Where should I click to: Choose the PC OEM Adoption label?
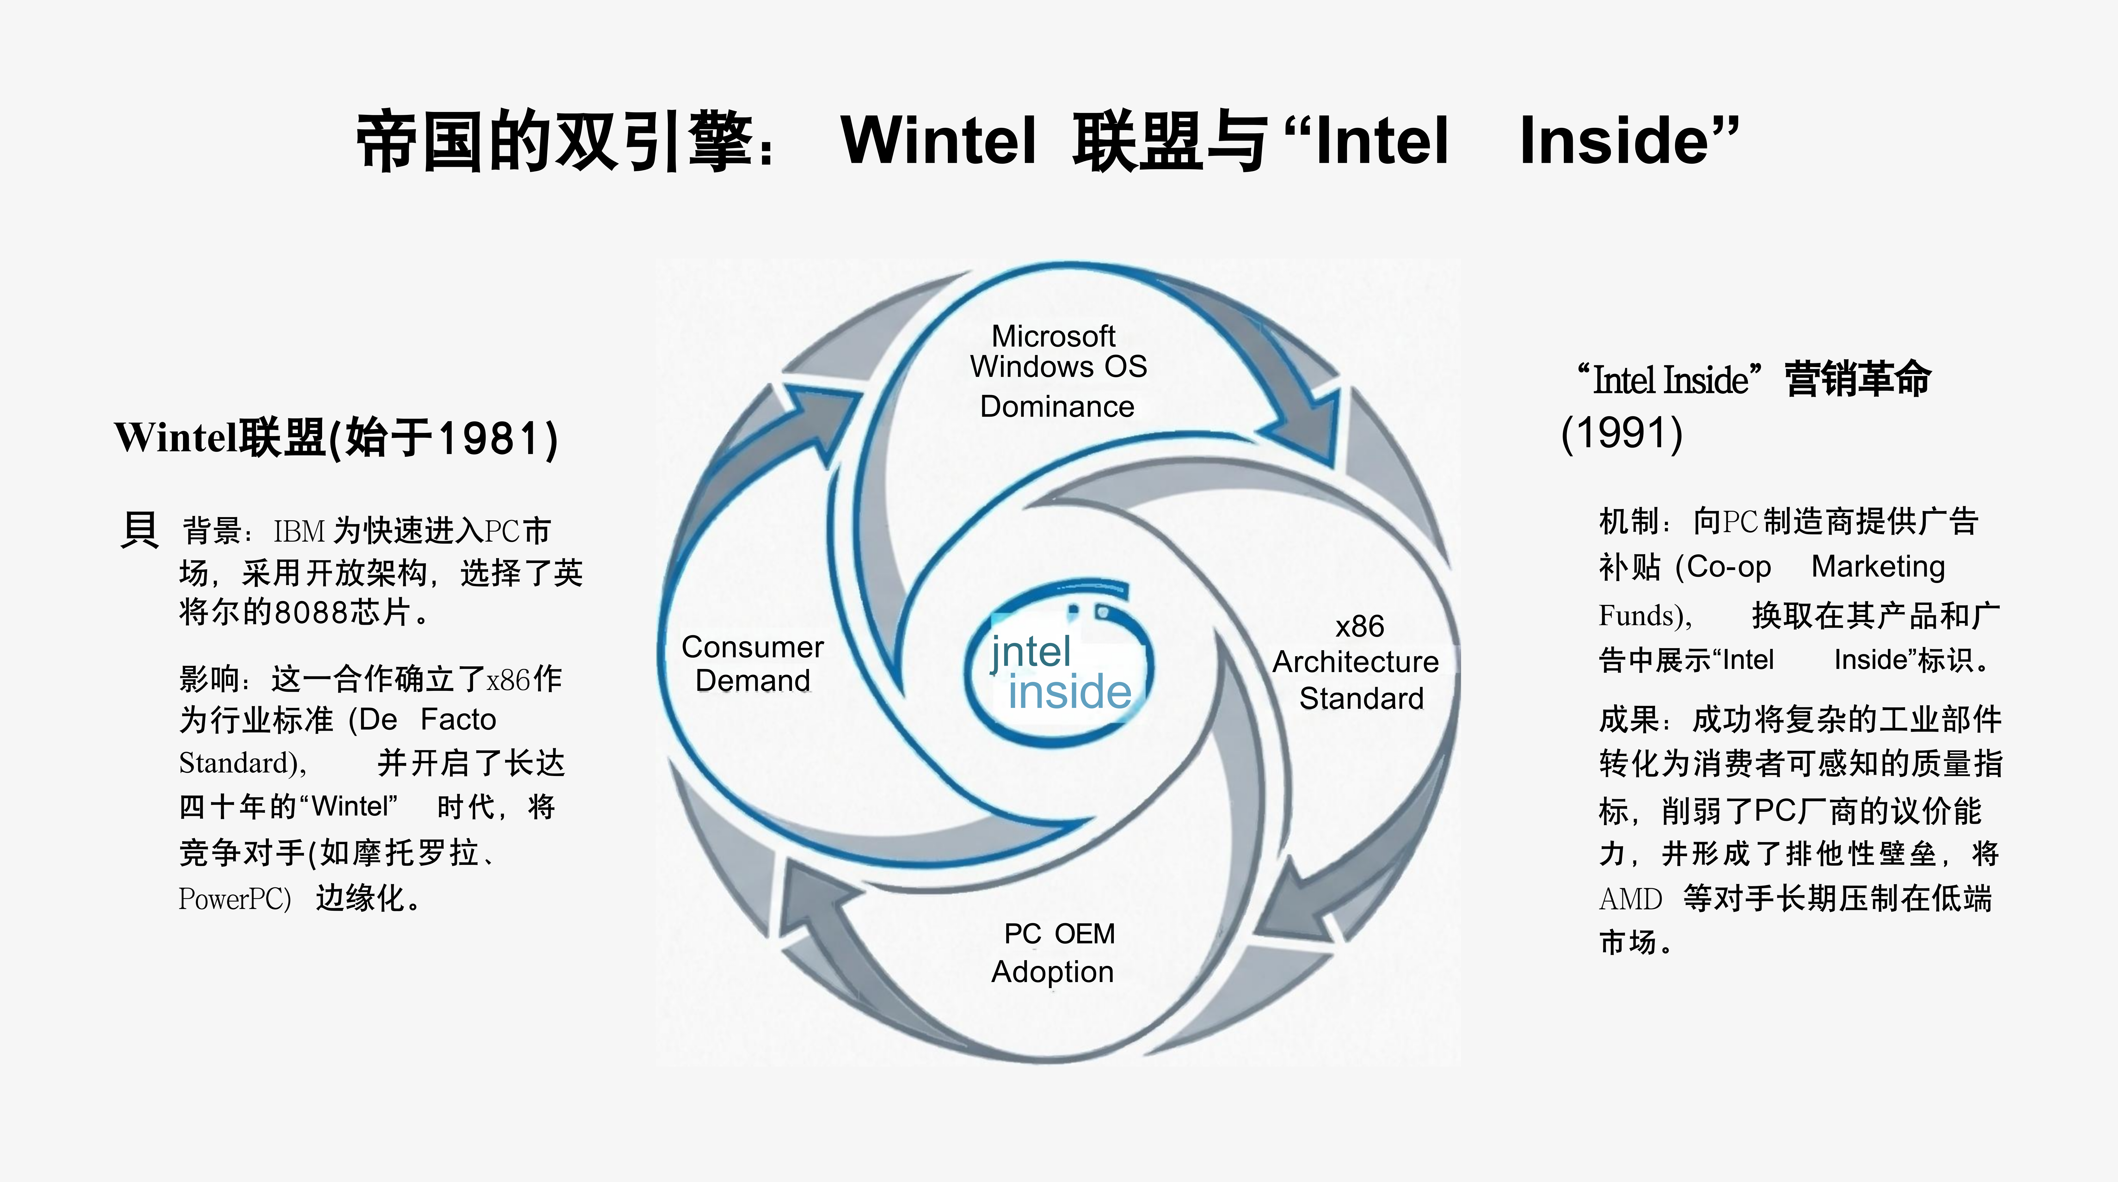1055,953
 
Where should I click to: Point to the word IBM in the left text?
299,531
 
